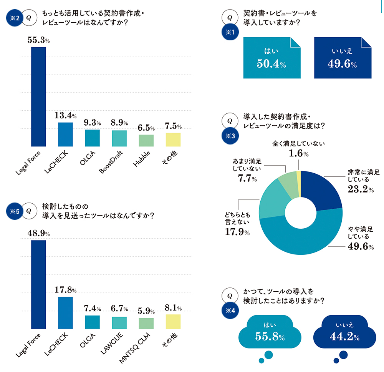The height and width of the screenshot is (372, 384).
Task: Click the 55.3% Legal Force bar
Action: pos(38,97)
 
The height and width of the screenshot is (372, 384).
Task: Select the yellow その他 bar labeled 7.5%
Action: pos(173,139)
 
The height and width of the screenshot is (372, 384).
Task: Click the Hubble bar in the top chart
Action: pos(146,140)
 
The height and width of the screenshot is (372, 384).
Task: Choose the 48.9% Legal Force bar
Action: pos(38,284)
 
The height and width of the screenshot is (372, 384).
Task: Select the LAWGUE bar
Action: pos(119,323)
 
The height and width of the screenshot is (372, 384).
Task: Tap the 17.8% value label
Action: pos(66,290)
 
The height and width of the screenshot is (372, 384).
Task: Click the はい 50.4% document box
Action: pos(271,58)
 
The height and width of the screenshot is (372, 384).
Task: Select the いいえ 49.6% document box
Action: pos(343,58)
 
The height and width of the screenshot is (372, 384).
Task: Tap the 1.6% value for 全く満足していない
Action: pos(298,153)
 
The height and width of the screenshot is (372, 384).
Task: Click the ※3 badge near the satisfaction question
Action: pos(230,135)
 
